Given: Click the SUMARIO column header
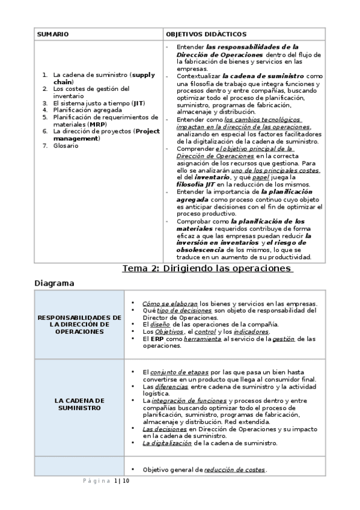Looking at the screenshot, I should point(52,35).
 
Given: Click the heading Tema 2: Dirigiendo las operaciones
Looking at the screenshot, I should point(207,268).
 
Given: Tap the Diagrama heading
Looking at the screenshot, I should point(54,282).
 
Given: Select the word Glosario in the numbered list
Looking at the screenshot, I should point(66,146).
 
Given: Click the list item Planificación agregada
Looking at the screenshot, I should point(87,110).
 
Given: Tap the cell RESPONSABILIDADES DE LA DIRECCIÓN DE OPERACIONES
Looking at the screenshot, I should point(80,324).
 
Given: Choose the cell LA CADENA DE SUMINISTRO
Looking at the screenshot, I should point(80,404).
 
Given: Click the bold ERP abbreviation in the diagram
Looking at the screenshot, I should point(150,339).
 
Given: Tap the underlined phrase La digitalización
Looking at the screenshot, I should point(167,443).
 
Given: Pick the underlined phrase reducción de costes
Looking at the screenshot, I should point(235,470).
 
